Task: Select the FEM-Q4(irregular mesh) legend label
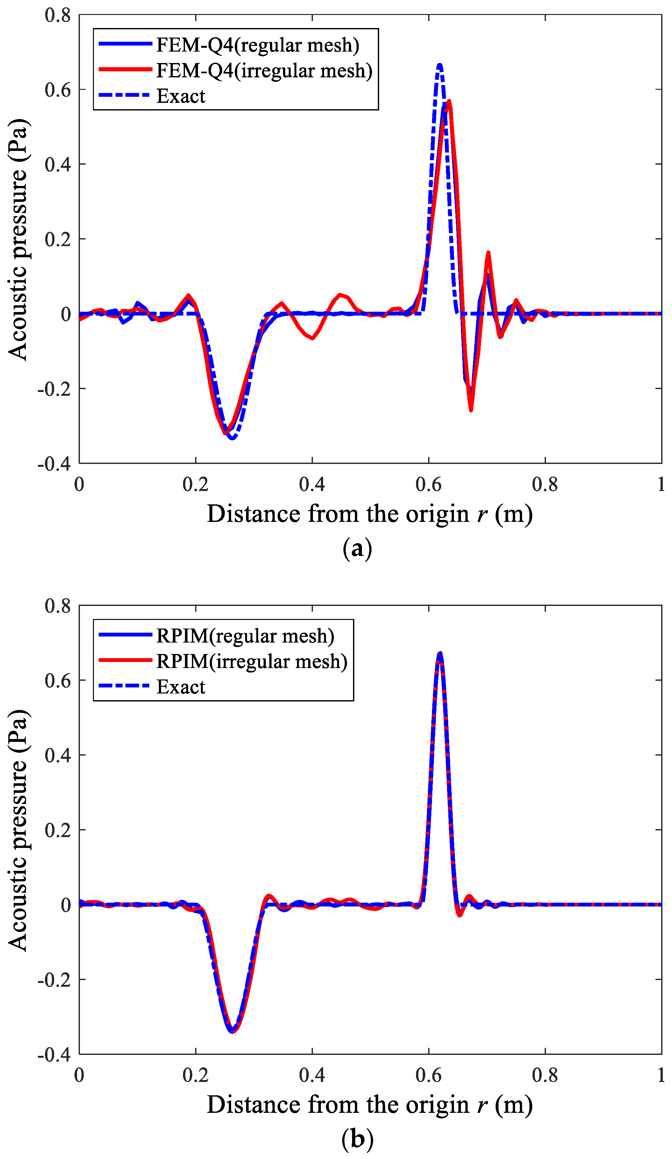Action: pyautogui.click(x=264, y=70)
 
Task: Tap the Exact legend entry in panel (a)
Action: pyautogui.click(x=181, y=96)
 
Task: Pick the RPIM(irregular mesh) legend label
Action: pyautogui.click(x=251, y=661)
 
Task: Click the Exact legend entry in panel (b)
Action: pyautogui.click(x=181, y=687)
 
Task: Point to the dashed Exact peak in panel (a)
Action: pyautogui.click(x=440, y=65)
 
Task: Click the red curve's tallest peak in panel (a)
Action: pyautogui.click(x=449, y=101)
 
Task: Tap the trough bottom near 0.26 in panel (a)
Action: pyautogui.click(x=232, y=437)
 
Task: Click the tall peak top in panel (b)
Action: pyautogui.click(x=440, y=654)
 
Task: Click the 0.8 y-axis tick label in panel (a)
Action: pyautogui.click(x=58, y=15)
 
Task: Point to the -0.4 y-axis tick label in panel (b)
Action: pyautogui.click(x=54, y=1055)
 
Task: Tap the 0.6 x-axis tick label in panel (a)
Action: pyautogui.click(x=428, y=484)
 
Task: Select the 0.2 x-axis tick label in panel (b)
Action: pyautogui.click(x=195, y=1075)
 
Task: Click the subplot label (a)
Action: pyautogui.click(x=357, y=548)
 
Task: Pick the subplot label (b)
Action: pyautogui.click(x=357, y=1138)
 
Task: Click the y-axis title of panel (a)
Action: pyautogui.click(x=18, y=239)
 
